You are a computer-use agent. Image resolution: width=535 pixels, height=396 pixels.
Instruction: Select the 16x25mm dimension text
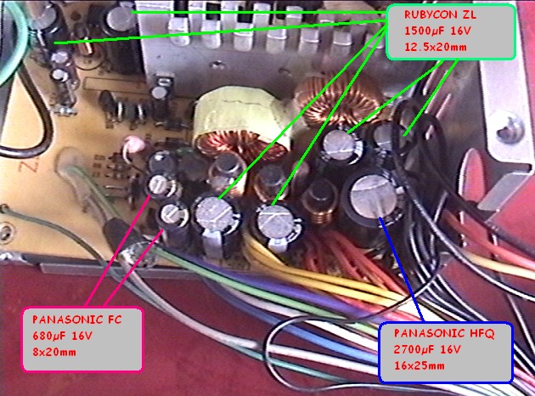click(x=412, y=365)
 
